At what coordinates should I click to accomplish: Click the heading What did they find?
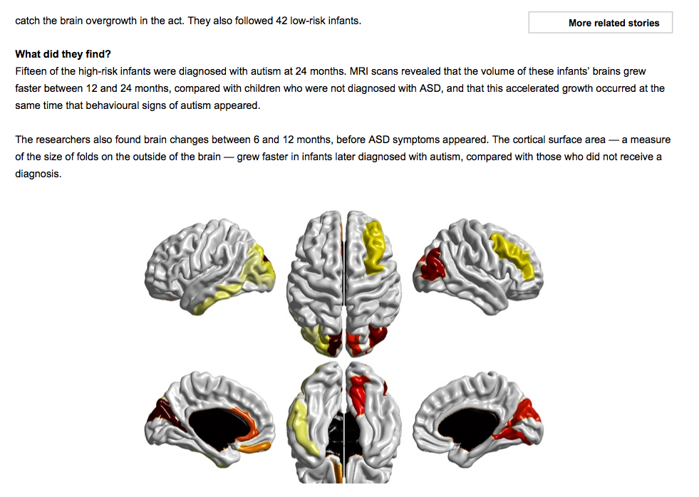[63, 54]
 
